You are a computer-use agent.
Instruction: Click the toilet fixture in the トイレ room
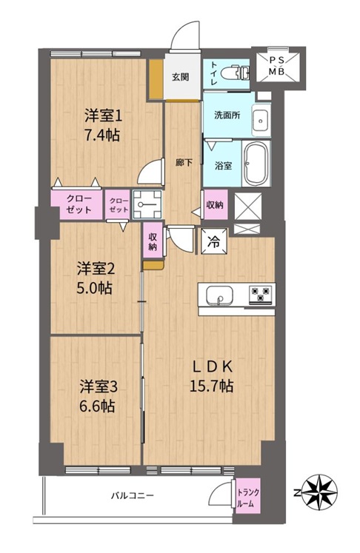[x=235, y=74]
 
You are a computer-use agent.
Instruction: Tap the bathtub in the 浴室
[x=256, y=164]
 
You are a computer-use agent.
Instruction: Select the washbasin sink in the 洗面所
[x=261, y=121]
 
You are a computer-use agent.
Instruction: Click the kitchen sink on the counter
[x=219, y=295]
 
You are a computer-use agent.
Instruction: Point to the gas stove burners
[x=261, y=295]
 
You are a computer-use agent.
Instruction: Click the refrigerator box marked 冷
[x=214, y=241]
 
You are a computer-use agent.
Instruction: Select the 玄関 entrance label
[x=180, y=76]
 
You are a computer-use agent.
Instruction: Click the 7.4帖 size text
[x=102, y=135]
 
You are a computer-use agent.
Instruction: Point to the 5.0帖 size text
[x=95, y=288]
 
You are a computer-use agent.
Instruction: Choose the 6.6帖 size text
[x=97, y=406]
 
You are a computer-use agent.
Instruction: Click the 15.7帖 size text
[x=211, y=386]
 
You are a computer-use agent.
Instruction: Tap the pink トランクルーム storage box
[x=248, y=495]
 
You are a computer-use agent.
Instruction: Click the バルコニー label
[x=133, y=495]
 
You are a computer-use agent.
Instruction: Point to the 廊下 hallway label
[x=184, y=163]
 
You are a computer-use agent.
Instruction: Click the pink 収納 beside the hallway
[x=215, y=204]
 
